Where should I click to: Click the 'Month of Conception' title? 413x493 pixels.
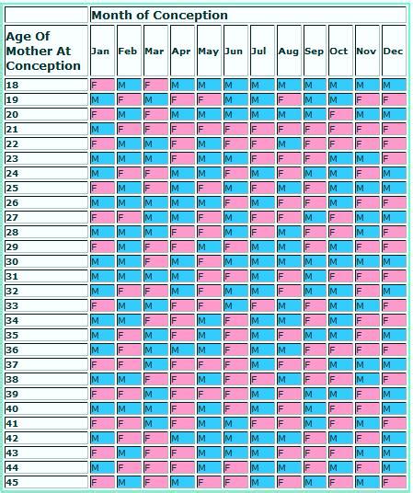click(x=159, y=16)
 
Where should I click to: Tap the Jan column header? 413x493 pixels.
click(x=101, y=52)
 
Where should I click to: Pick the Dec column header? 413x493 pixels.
click(x=393, y=52)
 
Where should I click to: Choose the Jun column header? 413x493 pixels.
click(x=234, y=52)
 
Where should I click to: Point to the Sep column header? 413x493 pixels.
click(x=314, y=52)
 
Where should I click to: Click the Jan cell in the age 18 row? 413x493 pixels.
click(x=101, y=85)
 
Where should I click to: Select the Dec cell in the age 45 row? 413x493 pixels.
click(x=393, y=482)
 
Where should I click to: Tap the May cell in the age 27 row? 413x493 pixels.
click(x=208, y=217)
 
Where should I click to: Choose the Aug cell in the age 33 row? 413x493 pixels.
click(x=287, y=305)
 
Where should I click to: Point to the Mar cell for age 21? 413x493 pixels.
click(x=155, y=129)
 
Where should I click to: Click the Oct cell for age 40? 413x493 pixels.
click(x=339, y=408)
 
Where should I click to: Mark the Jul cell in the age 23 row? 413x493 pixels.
click(x=260, y=158)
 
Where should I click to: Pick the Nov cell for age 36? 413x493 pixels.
click(x=366, y=350)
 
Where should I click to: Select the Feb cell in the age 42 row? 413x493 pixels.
click(x=128, y=438)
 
